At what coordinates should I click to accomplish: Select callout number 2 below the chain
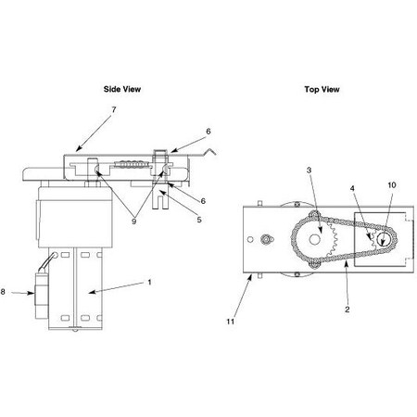[347, 310]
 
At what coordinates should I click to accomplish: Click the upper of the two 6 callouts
[208, 133]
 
